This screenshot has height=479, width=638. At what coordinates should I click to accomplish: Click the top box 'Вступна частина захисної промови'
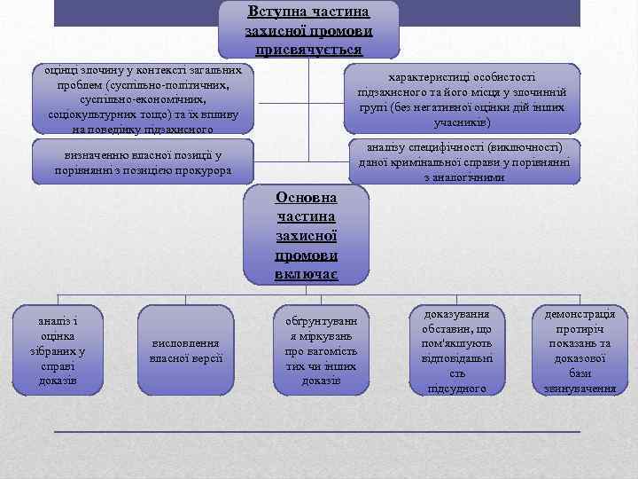(x=309, y=29)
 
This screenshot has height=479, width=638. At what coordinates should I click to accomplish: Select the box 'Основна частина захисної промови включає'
(x=306, y=234)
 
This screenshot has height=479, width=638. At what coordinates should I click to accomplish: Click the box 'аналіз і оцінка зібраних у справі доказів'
(x=58, y=350)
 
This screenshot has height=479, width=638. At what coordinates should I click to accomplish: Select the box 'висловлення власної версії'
(x=187, y=351)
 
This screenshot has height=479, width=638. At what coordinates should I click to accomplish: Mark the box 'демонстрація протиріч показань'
(x=581, y=350)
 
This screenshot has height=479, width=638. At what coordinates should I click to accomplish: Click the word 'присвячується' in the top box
(x=309, y=50)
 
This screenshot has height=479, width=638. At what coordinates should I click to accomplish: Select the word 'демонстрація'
(x=581, y=313)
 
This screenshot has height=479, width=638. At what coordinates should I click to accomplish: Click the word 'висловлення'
(x=187, y=343)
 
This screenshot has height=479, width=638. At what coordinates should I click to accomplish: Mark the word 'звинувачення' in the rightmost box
(x=581, y=389)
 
